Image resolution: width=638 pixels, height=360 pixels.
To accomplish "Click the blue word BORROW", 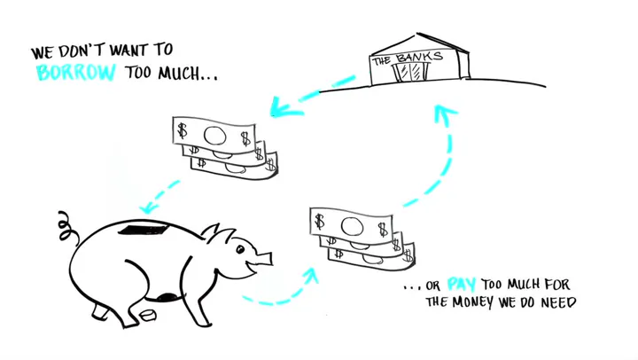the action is click(x=76, y=73).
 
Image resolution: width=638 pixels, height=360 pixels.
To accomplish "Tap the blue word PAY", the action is click(x=462, y=284).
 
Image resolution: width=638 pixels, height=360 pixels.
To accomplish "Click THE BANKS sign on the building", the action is click(x=408, y=59).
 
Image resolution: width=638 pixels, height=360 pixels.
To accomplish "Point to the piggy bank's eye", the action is click(x=240, y=249).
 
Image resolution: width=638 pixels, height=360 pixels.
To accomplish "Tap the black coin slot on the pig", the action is click(x=143, y=230).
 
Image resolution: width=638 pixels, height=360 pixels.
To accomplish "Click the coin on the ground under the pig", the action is click(x=148, y=315).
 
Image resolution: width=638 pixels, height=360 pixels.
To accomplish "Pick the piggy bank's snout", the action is click(x=264, y=258).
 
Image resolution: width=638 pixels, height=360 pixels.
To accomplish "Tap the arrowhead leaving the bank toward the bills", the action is click(x=284, y=107).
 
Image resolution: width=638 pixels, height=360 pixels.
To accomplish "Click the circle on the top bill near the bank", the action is click(x=214, y=136).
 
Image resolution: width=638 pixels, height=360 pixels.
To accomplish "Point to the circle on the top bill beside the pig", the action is click(x=352, y=226).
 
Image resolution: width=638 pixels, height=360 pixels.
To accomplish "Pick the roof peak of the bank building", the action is click(x=417, y=34).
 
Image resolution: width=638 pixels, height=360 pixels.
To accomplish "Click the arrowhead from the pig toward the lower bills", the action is click(x=311, y=275).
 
